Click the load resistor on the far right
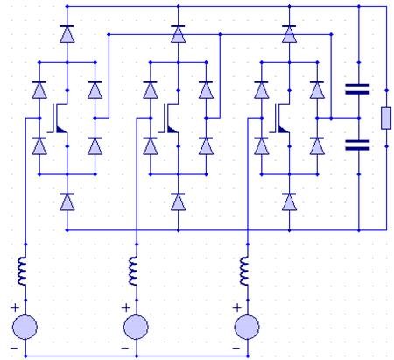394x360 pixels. coord(385,116)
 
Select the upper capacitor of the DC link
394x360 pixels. coord(358,88)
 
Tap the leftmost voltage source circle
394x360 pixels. coord(25,328)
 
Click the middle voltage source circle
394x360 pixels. coord(136,328)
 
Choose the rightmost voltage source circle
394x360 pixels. coord(248,328)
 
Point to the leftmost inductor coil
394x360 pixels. coord(25,270)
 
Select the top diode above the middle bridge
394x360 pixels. coord(178,34)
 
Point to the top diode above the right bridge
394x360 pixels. coord(289,34)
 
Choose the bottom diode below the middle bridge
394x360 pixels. coord(178,201)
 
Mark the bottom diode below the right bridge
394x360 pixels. coord(289,201)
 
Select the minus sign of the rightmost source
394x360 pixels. coord(236,347)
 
